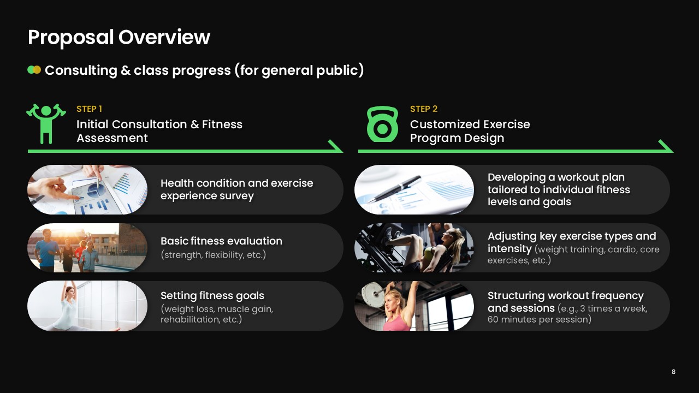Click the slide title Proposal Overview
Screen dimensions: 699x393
pos(119,38)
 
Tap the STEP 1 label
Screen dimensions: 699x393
pos(89,109)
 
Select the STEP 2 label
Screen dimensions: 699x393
pos(424,109)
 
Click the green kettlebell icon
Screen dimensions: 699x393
pos(383,124)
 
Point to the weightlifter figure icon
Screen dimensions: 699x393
pos(46,123)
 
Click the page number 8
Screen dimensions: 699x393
pos(673,372)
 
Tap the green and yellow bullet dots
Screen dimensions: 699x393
pos(34,70)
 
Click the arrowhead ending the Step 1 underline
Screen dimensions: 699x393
pos(336,146)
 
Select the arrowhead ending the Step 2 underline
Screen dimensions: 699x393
pos(667,146)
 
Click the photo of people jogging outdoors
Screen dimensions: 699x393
pos(87,248)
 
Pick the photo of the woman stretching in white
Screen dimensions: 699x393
pos(87,306)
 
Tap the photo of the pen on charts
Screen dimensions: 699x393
pos(414,189)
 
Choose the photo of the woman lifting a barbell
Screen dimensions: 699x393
pos(414,306)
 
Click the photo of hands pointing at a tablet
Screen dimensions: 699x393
pos(87,189)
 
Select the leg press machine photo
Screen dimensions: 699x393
pos(414,248)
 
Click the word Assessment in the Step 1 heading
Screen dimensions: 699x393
pos(112,138)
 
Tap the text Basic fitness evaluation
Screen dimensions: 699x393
pos(221,241)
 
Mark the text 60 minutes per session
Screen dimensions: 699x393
pos(539,319)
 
